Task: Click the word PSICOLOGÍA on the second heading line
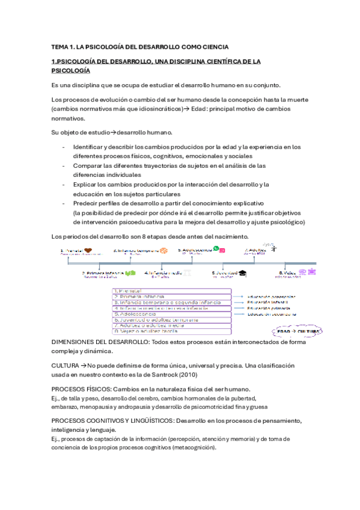70,70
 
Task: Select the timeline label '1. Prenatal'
71,250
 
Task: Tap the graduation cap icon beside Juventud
242,272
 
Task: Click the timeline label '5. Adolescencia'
195,250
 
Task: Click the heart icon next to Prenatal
88,250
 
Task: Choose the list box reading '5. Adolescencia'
171,313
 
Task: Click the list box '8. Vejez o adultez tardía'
171,331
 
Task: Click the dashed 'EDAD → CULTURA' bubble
299,331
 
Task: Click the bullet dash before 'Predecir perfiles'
64,203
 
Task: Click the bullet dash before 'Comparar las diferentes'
64,165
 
